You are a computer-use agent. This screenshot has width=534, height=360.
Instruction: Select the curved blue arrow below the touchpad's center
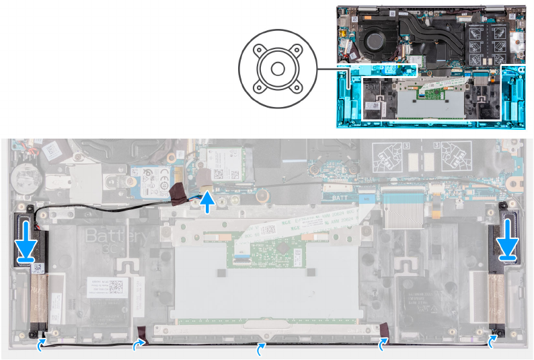click(262, 348)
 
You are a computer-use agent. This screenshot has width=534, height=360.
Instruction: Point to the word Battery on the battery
click(115, 237)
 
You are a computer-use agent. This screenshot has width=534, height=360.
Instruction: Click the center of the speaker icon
click(276, 69)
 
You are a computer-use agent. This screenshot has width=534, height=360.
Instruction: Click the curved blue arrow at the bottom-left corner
click(42, 344)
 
